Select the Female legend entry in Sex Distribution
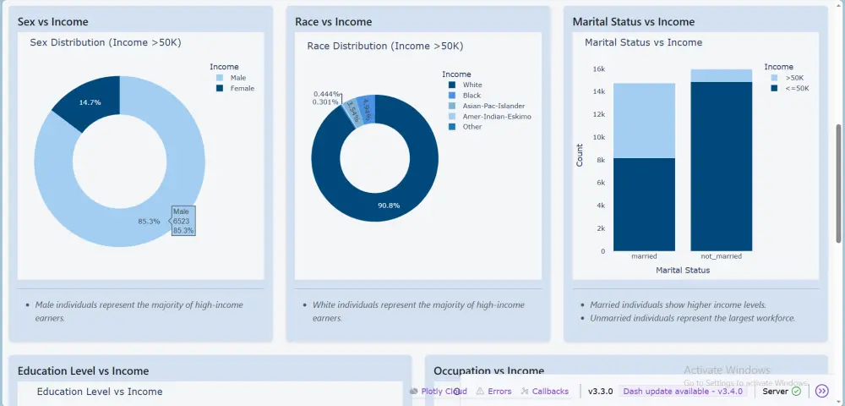point(242,88)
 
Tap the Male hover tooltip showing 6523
point(183,221)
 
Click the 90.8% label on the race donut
point(389,206)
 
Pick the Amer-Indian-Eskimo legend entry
point(497,116)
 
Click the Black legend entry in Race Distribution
point(472,96)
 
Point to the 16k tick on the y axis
point(598,69)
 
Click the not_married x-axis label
point(721,256)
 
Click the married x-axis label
point(644,256)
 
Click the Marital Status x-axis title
point(683,271)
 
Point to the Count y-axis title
point(580,155)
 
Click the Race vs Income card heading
point(333,21)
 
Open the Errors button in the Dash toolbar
point(493,391)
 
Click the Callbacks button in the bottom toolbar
point(544,391)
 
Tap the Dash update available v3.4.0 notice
point(684,391)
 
